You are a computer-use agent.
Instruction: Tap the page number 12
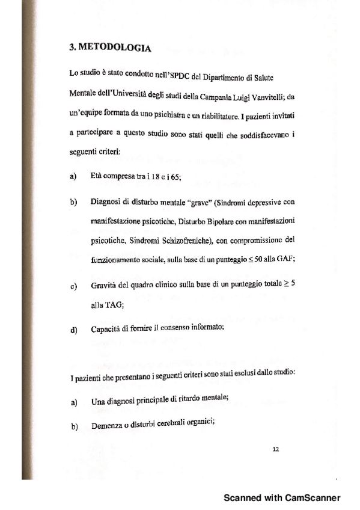276,448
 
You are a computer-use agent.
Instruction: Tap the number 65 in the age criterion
175,177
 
